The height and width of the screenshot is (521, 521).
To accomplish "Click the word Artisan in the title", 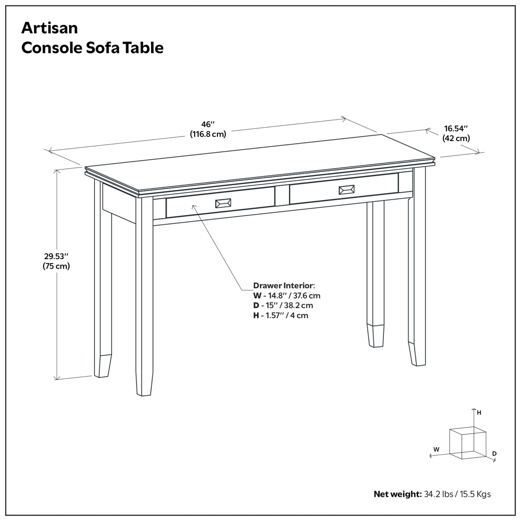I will [x=49, y=28].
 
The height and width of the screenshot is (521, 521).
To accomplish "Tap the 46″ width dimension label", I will [x=208, y=125].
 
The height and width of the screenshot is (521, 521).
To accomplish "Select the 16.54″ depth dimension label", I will [x=456, y=128].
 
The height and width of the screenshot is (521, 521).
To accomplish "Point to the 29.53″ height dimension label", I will [x=56, y=256].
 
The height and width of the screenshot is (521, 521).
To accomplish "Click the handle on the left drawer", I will [x=223, y=203].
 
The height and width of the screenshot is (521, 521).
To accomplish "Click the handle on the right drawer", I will [x=346, y=190].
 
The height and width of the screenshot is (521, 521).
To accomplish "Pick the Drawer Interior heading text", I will [x=284, y=286].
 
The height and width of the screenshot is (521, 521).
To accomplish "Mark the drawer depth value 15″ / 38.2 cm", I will [x=290, y=306].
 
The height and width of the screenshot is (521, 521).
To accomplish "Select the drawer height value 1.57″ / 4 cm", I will [x=287, y=315].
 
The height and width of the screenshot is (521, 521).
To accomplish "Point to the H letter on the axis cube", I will [x=479, y=413].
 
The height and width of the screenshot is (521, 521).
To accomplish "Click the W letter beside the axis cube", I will [x=436, y=449].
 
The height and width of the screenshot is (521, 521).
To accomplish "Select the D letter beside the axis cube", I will [x=494, y=454].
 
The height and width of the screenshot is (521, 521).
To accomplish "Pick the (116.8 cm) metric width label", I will [x=208, y=134].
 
